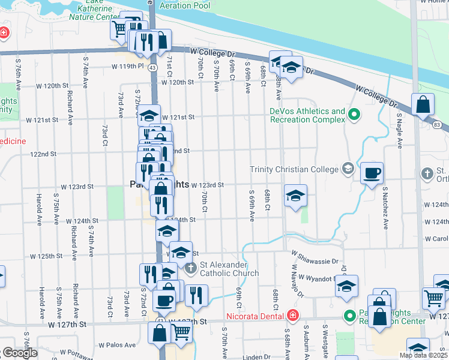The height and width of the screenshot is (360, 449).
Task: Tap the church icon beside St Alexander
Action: coord(190,268)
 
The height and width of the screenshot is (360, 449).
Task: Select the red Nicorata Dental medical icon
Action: coord(292,315)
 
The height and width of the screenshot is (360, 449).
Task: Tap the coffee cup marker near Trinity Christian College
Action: coord(372,173)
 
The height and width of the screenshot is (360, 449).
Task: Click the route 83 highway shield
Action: coord(436,124)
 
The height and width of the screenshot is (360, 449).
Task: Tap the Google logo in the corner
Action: coord(19,353)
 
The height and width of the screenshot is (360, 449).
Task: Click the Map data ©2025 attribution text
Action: coord(423,355)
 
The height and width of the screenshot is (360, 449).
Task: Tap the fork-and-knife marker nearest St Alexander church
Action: coord(196,295)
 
